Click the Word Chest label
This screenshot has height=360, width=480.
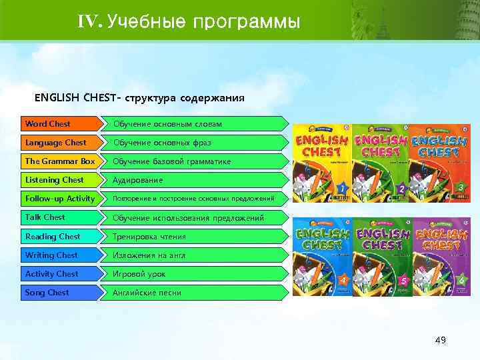(48, 124)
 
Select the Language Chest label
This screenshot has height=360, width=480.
(56, 143)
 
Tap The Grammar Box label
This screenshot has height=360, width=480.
(60, 161)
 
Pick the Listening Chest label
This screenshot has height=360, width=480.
(55, 180)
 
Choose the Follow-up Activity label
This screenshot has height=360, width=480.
(60, 199)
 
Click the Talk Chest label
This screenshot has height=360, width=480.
(45, 217)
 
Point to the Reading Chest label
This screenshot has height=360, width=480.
(53, 237)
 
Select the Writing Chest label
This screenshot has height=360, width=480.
(51, 255)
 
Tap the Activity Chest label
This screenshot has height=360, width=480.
(52, 274)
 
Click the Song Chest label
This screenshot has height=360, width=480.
(47, 293)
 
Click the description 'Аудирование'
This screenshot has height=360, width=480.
(137, 181)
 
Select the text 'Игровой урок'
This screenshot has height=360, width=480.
(139, 274)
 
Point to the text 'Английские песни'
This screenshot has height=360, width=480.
(147, 293)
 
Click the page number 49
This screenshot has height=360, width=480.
(440, 341)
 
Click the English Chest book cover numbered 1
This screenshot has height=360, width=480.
(321, 163)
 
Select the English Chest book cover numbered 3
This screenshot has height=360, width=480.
(438, 163)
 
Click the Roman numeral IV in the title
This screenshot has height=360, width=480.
(89, 22)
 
